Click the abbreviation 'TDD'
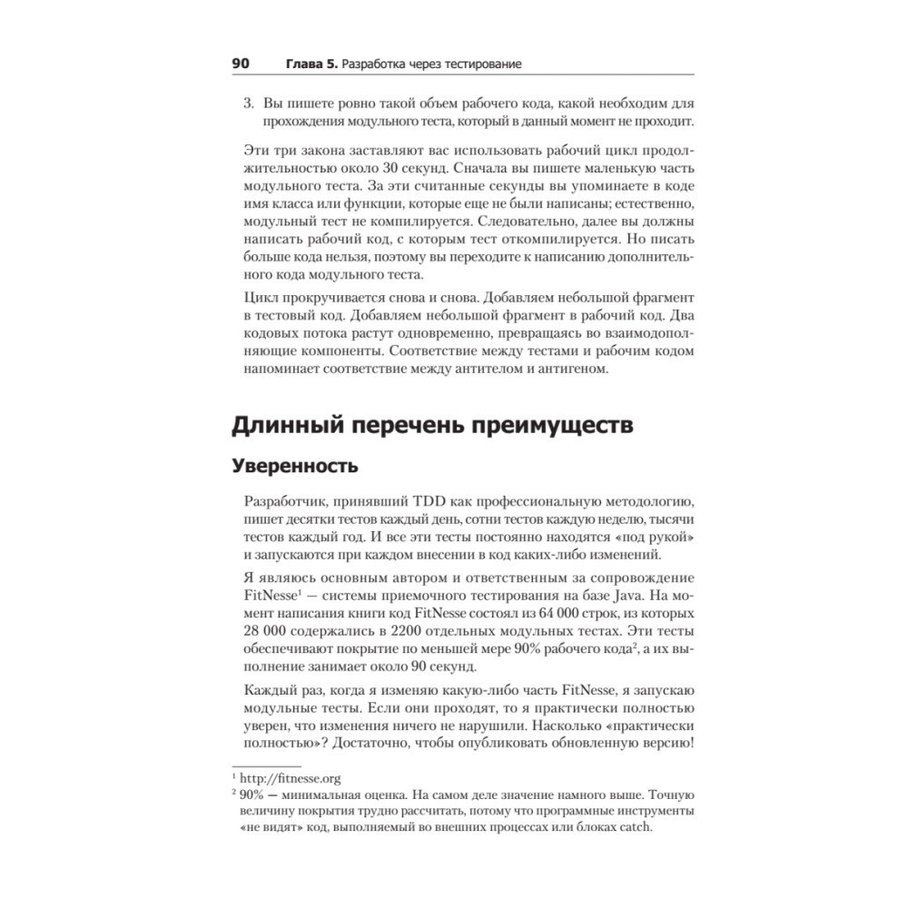coord(432,503)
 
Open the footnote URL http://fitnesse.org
coord(291,778)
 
